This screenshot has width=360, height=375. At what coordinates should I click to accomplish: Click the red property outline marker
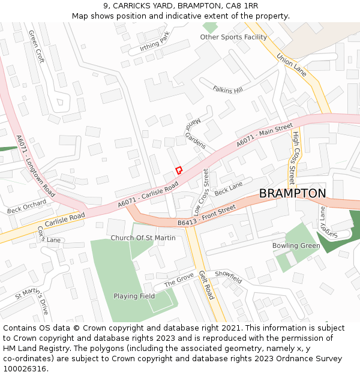[178, 170]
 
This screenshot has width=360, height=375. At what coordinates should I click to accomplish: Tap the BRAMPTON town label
[292, 193]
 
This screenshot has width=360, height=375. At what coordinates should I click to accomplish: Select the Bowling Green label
[296, 246]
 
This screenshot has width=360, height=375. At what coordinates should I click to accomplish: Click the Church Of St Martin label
[143, 238]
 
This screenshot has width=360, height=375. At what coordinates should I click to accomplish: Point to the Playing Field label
[134, 296]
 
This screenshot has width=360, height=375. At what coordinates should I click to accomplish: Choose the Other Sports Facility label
[233, 37]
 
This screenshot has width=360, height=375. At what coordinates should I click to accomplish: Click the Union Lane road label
[292, 64]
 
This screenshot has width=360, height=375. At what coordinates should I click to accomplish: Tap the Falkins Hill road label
[227, 89]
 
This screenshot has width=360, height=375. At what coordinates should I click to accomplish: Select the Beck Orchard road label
[26, 207]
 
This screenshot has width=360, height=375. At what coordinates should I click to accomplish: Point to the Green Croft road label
[37, 47]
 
